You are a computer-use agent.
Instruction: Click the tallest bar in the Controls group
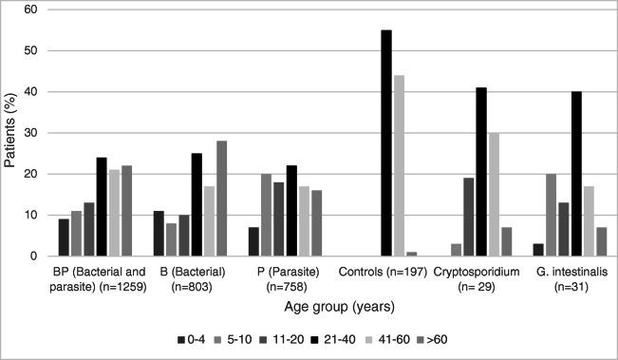tap(386, 143)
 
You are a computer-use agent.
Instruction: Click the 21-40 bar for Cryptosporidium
tap(481, 172)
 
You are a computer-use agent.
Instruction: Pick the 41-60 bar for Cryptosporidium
tap(495, 195)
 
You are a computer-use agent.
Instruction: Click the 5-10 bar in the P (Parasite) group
tap(266, 215)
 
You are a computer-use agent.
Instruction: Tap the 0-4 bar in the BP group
tap(64, 237)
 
